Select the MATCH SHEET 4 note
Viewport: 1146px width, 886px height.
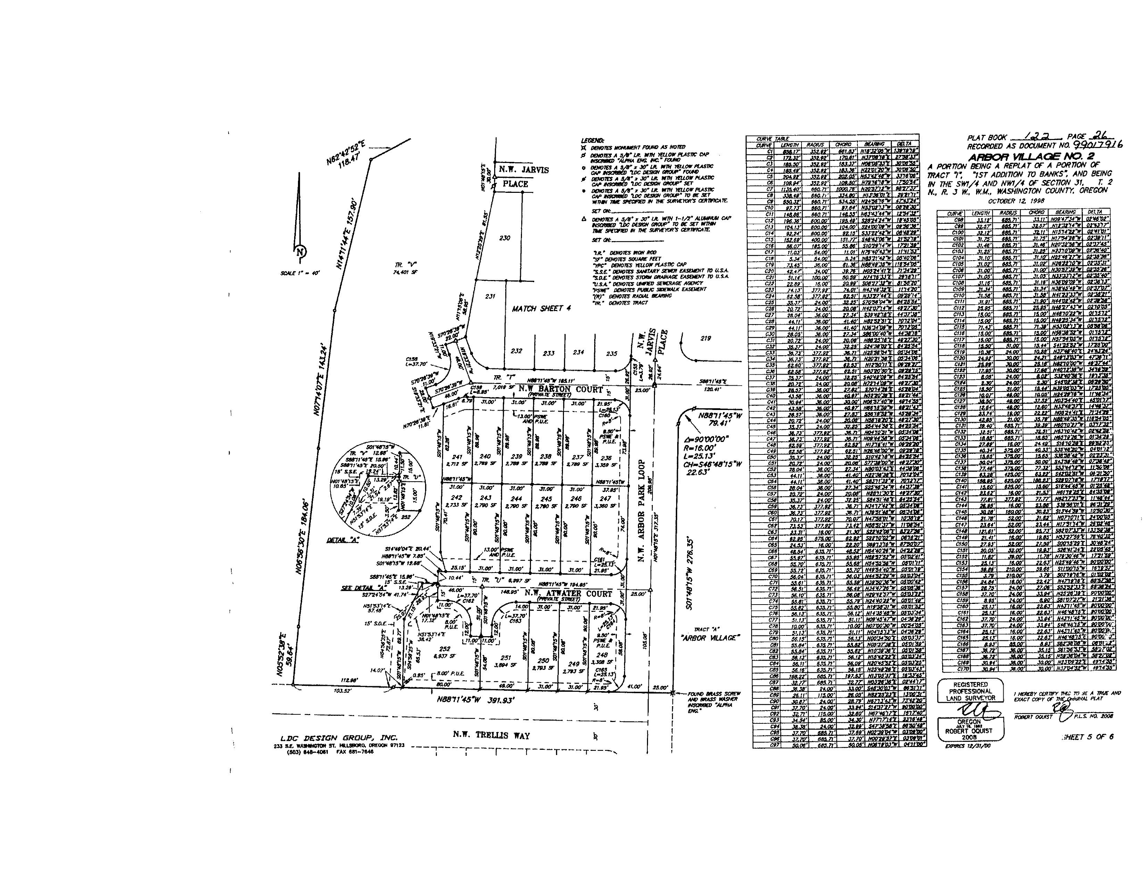[541, 309]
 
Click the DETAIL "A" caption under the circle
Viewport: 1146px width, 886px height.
[342, 540]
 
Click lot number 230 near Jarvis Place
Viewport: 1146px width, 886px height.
[504, 238]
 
